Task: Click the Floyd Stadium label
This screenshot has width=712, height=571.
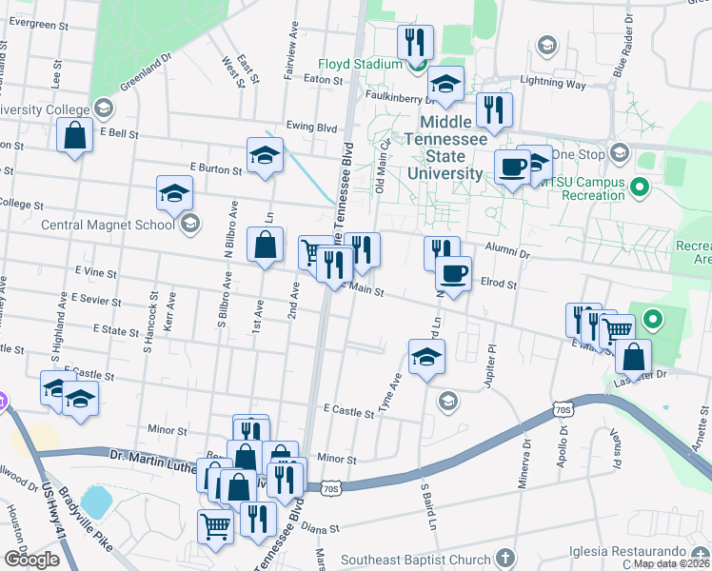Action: coord(361,65)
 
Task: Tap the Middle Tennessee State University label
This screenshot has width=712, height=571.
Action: coord(445,148)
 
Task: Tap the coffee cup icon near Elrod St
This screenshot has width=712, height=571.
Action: coord(453,273)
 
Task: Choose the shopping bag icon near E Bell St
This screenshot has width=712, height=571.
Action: coord(74,135)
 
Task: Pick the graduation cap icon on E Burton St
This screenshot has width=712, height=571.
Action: coord(265,156)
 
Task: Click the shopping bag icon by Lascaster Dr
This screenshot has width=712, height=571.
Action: coord(633,357)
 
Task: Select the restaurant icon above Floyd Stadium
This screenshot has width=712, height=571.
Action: coord(415,42)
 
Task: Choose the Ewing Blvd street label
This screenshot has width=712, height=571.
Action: coord(310,127)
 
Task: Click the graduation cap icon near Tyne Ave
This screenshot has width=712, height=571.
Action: coord(426,359)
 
